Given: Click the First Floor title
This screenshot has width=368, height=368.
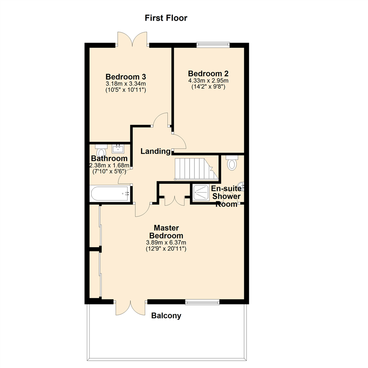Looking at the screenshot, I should pos(166,18).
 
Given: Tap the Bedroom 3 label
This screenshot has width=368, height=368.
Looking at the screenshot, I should pos(126,76).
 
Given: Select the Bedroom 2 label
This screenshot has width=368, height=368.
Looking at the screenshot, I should pos(208,74).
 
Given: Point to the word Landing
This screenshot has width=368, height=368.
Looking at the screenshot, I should pos(156,151).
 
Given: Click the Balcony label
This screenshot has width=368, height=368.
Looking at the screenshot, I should pos(166,316).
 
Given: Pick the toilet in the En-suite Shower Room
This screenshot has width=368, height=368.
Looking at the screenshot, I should pos(232,163).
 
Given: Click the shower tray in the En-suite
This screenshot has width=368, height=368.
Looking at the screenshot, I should pos(201,193).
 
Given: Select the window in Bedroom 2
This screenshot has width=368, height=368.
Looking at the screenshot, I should pos(213,44).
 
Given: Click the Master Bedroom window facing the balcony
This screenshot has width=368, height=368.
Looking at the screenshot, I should pos(202,302).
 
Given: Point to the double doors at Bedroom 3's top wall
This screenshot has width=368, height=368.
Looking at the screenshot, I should pos(132,40).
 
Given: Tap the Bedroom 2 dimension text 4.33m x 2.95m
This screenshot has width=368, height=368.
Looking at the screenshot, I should pos(208,81).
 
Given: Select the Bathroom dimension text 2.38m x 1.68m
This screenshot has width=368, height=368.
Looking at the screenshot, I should pos(109,166).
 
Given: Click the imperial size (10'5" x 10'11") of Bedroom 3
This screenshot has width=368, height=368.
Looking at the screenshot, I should pos(126,90).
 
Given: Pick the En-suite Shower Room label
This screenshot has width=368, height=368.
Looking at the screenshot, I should pos(226,196).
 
